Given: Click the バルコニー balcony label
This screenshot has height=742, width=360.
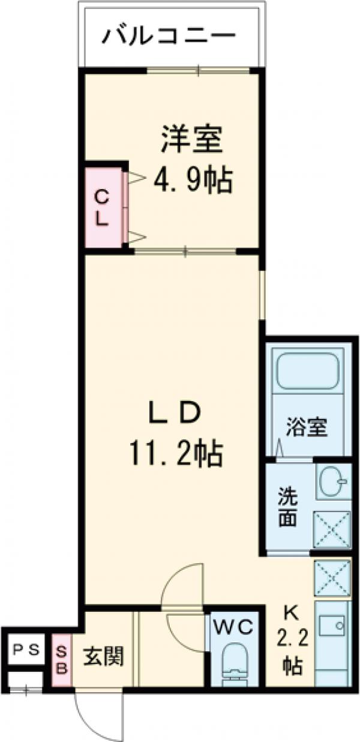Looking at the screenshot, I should tap(167, 37).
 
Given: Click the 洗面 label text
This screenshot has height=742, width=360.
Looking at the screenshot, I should tap(287, 507).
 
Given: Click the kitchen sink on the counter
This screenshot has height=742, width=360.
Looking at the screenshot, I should tap(332, 628).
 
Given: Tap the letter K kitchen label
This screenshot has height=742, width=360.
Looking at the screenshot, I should tap(291, 613).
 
